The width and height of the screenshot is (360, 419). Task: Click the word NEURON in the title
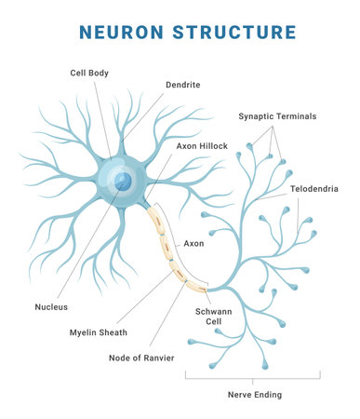point(114,33)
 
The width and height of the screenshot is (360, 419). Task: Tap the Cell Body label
point(89,73)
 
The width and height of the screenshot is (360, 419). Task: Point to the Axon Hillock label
point(201,146)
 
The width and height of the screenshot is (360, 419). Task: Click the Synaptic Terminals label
point(277,115)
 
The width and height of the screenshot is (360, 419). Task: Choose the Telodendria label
point(313,188)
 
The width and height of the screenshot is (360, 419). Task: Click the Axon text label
point(193,243)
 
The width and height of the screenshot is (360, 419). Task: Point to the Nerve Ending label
point(253,395)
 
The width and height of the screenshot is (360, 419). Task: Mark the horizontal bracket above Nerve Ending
point(253,377)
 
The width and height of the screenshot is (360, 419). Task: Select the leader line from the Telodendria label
point(279,196)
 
